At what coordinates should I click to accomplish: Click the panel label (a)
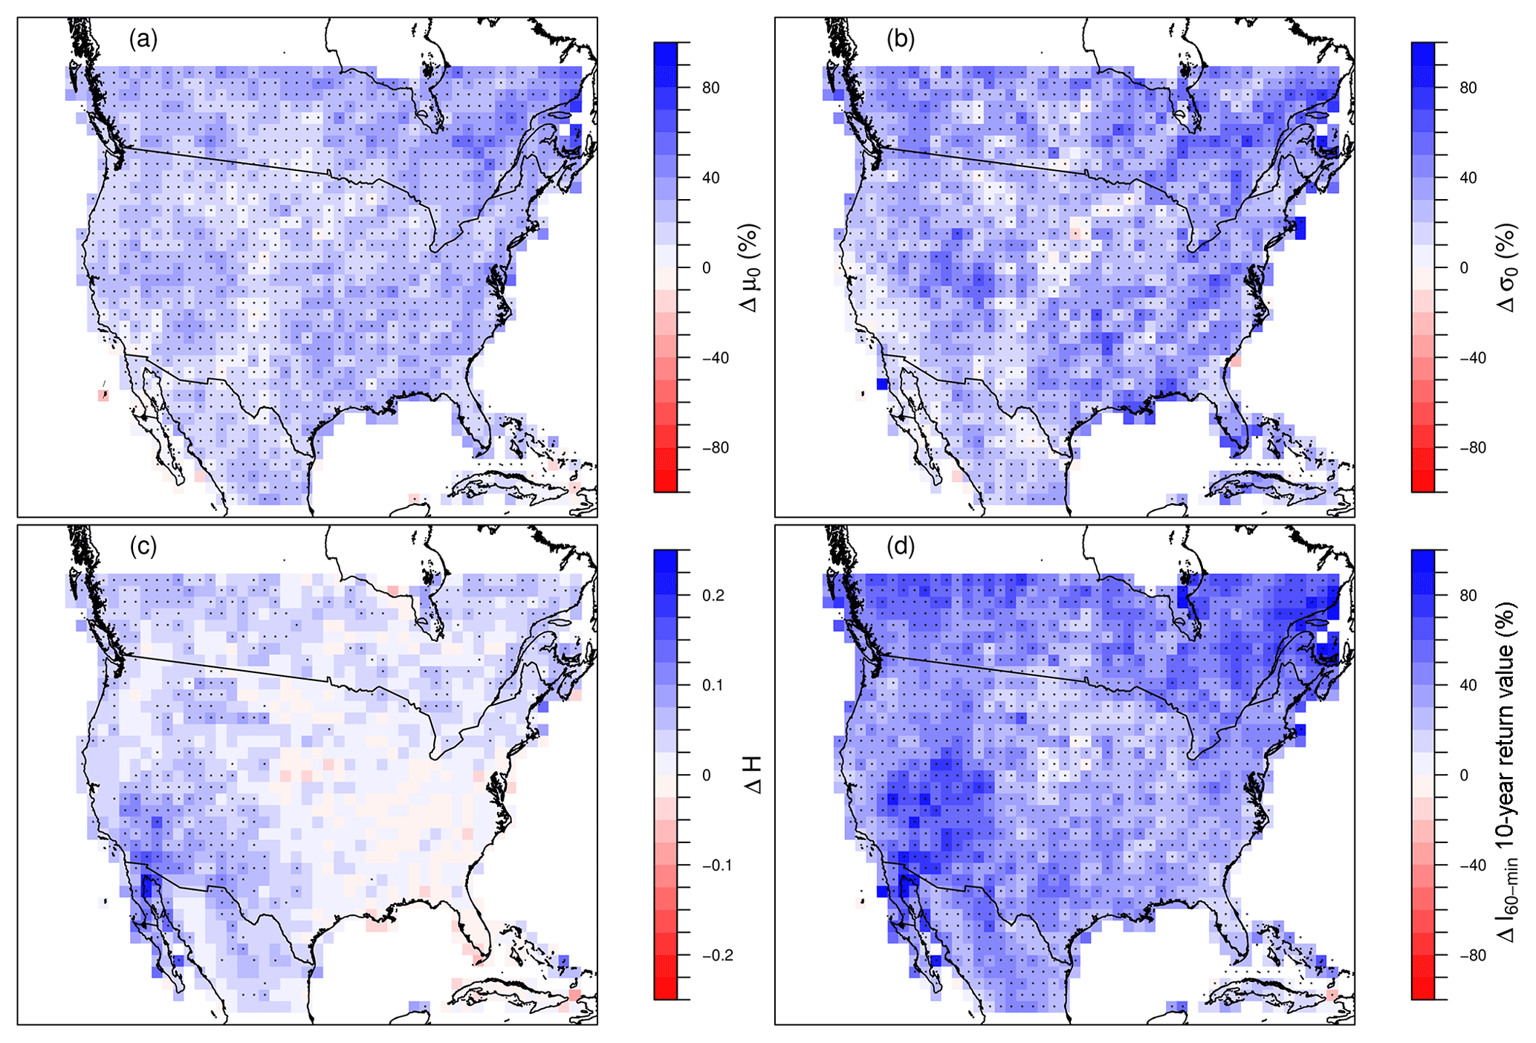(143, 39)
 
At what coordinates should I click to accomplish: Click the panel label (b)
(900, 39)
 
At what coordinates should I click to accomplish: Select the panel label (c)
(143, 547)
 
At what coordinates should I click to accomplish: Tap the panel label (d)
(900, 547)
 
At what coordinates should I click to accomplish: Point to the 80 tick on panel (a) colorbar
(710, 88)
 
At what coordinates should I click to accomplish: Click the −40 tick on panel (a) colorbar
(714, 358)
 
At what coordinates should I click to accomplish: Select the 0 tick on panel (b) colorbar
(1463, 268)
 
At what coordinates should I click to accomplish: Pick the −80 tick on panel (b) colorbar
(1471, 448)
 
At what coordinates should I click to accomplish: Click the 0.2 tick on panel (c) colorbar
(713, 596)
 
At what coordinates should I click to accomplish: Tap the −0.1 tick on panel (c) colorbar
(716, 865)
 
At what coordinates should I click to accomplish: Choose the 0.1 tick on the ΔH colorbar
(713, 686)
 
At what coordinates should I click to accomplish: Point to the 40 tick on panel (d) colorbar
(1468, 686)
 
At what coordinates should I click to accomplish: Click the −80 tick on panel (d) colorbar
(1471, 955)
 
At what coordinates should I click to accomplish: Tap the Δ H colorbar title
(752, 776)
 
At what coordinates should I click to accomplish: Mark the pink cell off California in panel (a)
(103, 395)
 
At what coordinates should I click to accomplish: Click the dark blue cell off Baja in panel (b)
(882, 384)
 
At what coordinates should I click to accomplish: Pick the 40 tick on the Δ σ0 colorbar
(1468, 178)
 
